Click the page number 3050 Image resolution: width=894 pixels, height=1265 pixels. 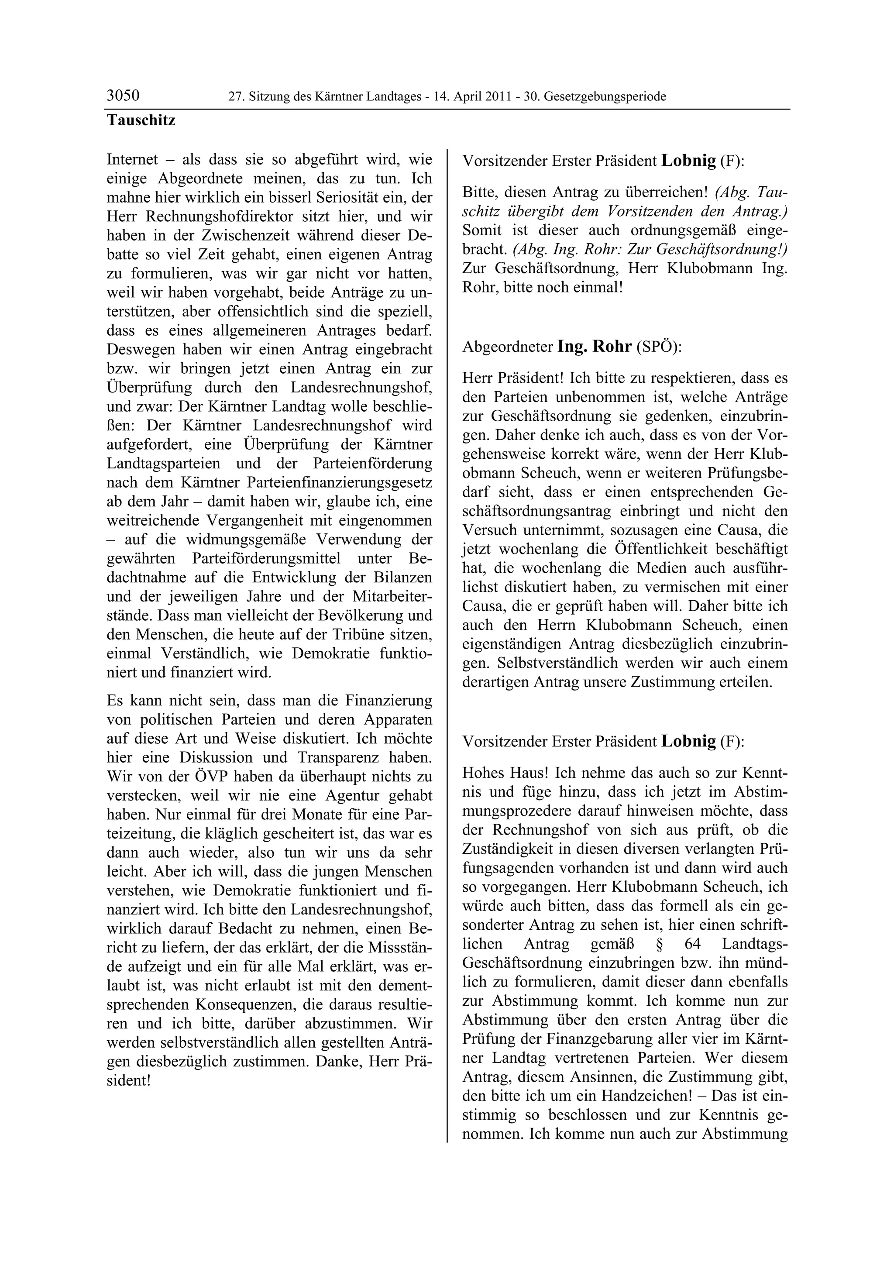(123, 96)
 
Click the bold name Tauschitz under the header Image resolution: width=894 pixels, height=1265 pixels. (141, 120)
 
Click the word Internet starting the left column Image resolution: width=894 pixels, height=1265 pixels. (132, 160)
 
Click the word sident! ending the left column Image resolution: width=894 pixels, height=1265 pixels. (128, 1080)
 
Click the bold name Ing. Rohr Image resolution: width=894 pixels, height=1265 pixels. (595, 347)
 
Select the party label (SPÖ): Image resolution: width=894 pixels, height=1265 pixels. (659, 347)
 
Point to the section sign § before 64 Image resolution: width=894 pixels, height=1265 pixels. (659, 944)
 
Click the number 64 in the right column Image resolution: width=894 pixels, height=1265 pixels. (692, 944)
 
